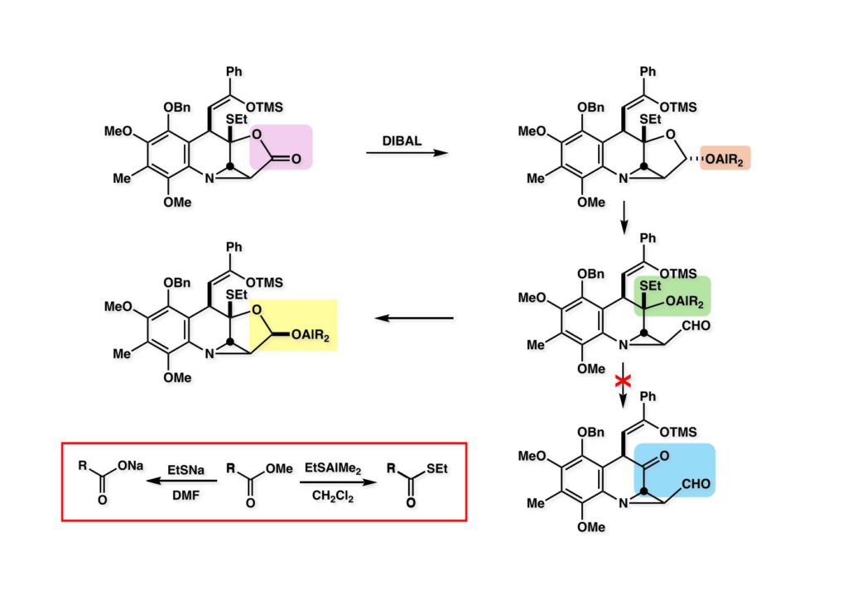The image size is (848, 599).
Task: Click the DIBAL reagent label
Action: [x=402, y=141]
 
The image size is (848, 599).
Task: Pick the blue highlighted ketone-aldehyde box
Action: [x=673, y=470]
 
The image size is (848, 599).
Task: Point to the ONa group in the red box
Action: [x=133, y=467]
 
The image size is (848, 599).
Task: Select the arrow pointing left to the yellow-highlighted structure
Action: [x=415, y=318]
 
